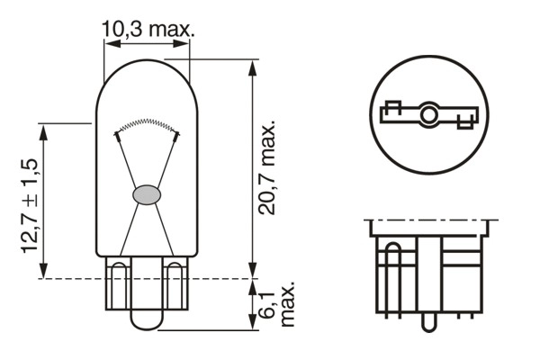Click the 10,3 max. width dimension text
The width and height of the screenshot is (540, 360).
[x=148, y=29]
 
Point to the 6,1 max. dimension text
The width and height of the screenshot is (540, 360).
[x=278, y=307]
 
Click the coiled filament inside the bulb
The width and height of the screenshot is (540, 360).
[x=147, y=124]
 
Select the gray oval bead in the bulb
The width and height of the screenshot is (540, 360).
[x=147, y=193]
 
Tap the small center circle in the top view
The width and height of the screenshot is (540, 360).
[x=428, y=114]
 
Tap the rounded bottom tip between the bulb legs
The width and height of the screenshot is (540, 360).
[x=147, y=320]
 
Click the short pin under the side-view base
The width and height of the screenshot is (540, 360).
[x=430, y=319]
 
